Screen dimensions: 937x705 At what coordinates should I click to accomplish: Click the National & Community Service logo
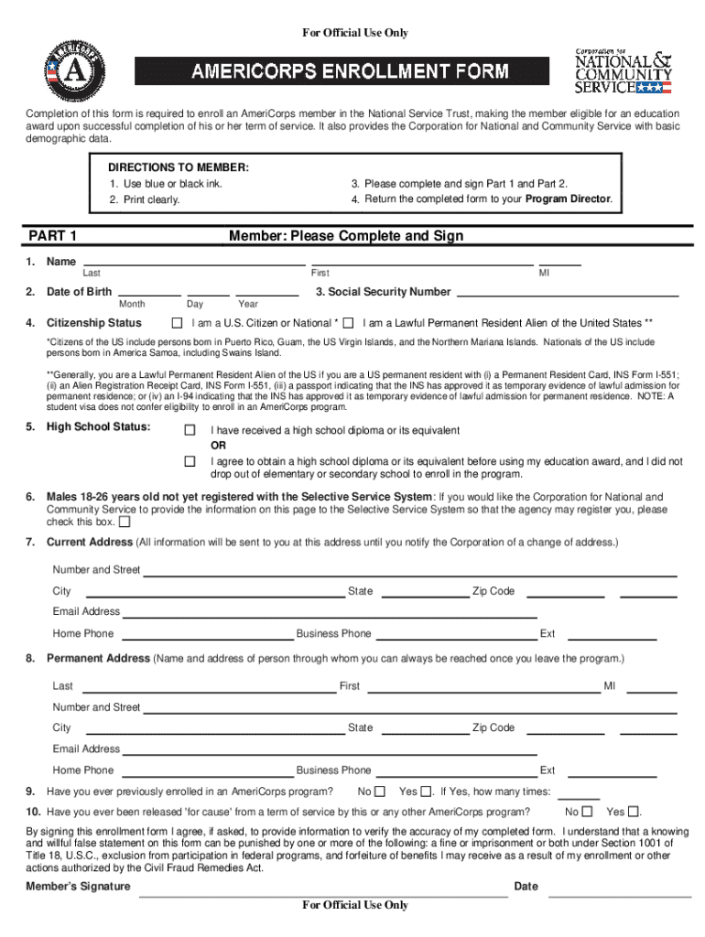click(x=623, y=70)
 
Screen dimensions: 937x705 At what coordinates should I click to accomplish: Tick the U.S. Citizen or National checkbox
click(x=178, y=323)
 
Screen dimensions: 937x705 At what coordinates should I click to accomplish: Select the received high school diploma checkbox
click(x=190, y=430)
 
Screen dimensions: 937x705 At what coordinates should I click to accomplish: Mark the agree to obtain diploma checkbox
click(x=190, y=461)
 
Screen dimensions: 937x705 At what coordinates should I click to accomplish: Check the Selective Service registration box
click(x=125, y=522)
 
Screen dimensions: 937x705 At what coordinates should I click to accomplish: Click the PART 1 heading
click(x=52, y=236)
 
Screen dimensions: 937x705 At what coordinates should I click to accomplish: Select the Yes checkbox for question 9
click(x=427, y=792)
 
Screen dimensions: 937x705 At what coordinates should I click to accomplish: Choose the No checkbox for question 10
click(x=587, y=812)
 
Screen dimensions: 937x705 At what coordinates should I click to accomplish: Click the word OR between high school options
click(x=219, y=446)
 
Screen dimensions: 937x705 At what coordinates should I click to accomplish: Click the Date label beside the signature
click(x=526, y=887)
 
